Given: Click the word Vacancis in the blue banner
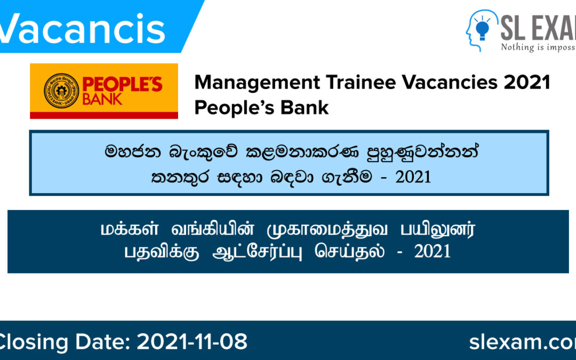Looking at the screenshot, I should pos(83,28).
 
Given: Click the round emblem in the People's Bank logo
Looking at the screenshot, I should pos(61,90).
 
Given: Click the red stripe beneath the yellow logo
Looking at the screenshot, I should pos(104,115).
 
